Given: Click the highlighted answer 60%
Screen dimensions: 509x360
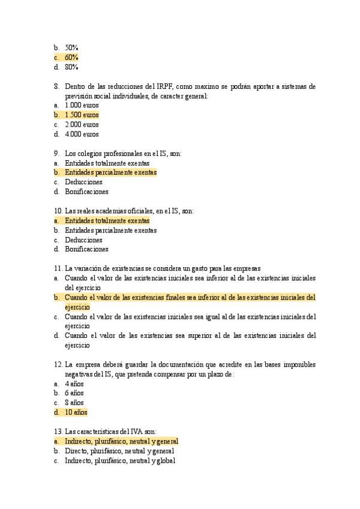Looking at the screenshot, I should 71,57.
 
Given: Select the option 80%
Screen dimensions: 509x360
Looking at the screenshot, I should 71,67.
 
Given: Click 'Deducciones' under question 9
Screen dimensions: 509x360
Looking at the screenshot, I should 83,182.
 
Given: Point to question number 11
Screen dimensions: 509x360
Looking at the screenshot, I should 58,268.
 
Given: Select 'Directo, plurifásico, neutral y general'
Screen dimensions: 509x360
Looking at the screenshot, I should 119,451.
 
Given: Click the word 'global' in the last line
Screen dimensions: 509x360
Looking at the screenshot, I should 165,460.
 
